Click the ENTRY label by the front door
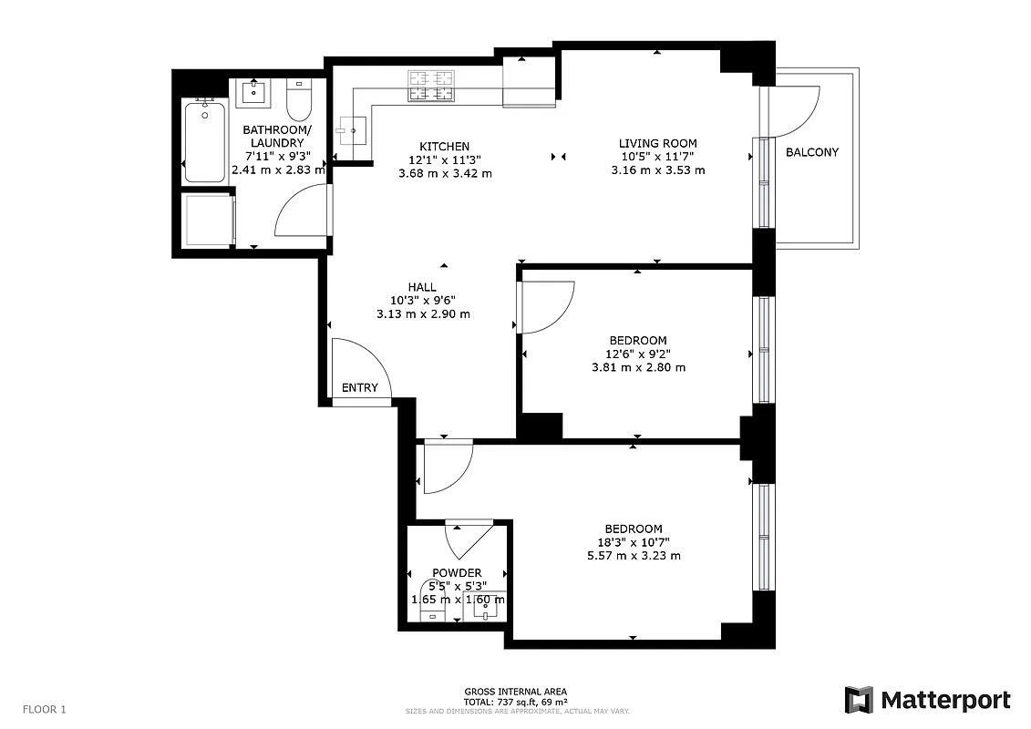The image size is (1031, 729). (359, 387)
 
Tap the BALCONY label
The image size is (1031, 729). (811, 152)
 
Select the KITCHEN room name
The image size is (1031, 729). (444, 147)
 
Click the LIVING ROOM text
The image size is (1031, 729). (657, 143)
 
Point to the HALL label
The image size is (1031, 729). (422, 287)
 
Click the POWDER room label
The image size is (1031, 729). (457, 573)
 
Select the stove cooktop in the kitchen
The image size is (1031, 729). (430, 86)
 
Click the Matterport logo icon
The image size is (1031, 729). (859, 700)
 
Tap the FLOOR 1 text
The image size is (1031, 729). (45, 709)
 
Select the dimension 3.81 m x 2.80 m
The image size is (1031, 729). (638, 367)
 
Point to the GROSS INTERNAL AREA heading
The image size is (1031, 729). (515, 692)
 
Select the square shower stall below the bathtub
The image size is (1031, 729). (207, 221)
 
